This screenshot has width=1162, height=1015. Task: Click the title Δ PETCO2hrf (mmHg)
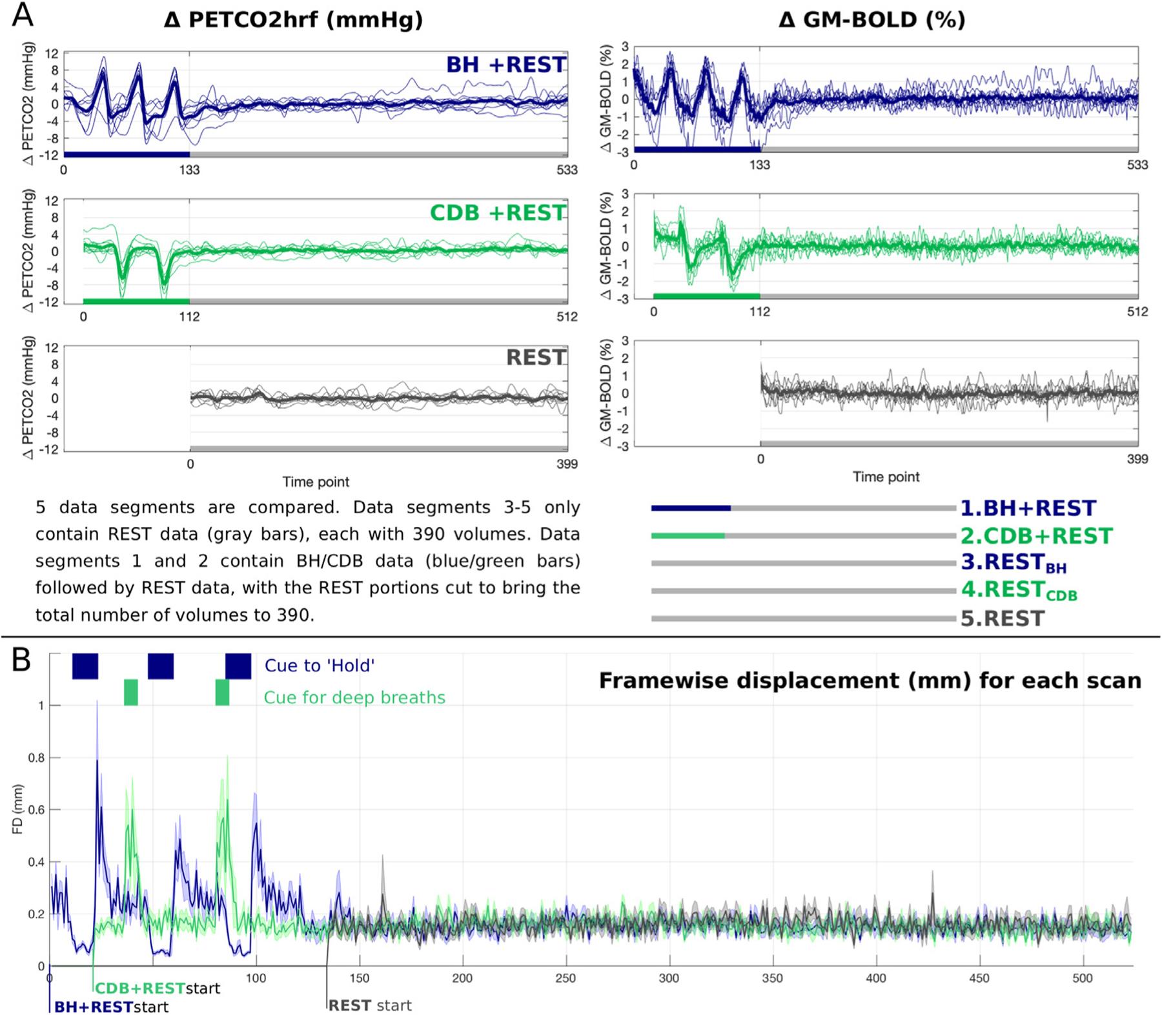293,20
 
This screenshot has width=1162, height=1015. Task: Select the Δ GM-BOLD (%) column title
871,20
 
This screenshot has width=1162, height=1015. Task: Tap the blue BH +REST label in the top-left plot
505,65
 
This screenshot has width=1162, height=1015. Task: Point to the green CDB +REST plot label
498,213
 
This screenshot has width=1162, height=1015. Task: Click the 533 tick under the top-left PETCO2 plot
567,170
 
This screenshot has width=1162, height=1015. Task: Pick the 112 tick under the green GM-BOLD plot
760,312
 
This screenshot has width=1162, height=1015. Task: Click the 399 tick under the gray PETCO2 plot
567,464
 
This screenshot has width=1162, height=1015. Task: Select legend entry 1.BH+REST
1028,509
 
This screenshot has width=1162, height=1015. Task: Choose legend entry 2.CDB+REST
1036,536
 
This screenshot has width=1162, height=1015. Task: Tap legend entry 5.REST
1003,619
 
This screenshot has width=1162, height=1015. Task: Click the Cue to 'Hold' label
320,666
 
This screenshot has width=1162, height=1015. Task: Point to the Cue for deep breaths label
354,698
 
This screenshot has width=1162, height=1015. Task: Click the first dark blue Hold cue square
85,666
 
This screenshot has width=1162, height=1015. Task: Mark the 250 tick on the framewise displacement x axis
566,978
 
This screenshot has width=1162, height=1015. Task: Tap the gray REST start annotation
370,1005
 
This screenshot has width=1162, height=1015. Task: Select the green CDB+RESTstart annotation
158,989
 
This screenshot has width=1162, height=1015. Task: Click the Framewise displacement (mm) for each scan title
870,681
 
